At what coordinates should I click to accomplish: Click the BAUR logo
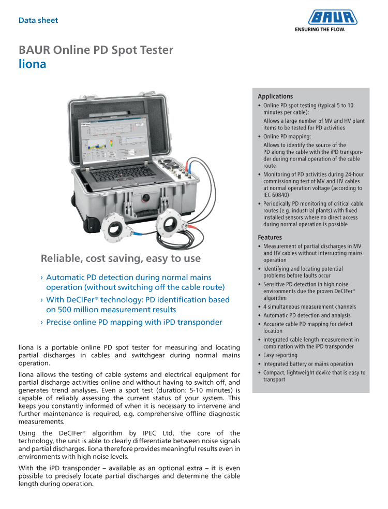(x=333, y=18)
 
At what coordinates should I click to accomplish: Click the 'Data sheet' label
(x=38, y=21)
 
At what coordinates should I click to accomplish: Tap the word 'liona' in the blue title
(x=32, y=64)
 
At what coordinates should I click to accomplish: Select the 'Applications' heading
(x=275, y=96)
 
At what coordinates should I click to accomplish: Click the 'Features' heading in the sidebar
(x=270, y=238)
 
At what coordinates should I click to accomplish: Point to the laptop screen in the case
(x=111, y=140)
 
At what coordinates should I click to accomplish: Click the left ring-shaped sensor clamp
(x=118, y=227)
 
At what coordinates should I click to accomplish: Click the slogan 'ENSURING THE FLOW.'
(x=319, y=30)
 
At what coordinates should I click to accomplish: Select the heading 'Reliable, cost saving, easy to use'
(x=121, y=258)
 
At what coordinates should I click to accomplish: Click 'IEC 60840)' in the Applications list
(x=276, y=195)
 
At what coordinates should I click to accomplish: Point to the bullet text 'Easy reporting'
(x=280, y=355)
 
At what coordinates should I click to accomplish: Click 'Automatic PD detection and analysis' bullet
(x=307, y=315)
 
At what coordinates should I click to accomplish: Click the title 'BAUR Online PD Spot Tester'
(x=96, y=50)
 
